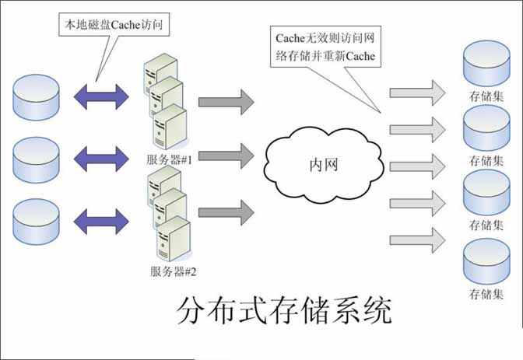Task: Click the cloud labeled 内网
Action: coord(324,165)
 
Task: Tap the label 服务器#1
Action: coord(170,159)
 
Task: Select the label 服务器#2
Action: coord(173,271)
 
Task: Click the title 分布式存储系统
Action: coord(284,311)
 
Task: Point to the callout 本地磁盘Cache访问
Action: coord(114,24)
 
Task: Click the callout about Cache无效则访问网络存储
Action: coord(325,47)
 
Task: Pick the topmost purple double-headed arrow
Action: coord(101,97)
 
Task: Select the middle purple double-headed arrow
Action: coord(101,159)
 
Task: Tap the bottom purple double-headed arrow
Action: coord(101,222)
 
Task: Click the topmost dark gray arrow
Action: coord(226,102)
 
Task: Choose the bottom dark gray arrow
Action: coord(226,213)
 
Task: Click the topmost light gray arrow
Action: coord(418,93)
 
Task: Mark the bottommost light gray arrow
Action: coord(418,240)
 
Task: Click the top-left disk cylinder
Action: coord(36,97)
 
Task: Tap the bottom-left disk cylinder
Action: coord(36,222)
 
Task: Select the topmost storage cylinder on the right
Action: coord(486,63)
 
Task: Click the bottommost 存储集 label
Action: coord(486,294)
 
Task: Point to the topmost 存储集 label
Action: coord(486,96)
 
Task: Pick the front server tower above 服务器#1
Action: coord(170,127)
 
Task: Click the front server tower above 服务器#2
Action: coord(174,239)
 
